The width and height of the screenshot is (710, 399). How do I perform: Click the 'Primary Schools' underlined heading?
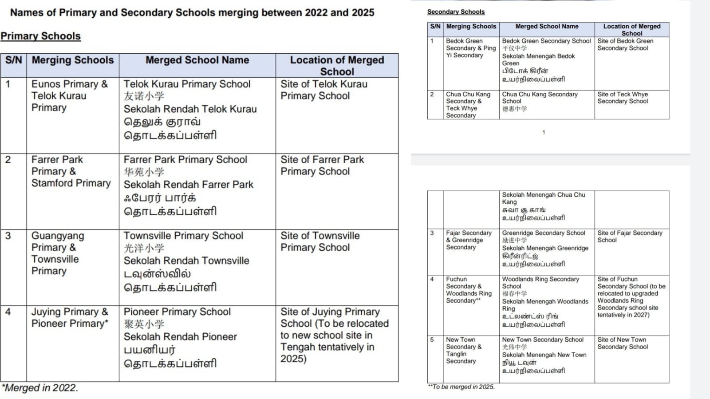40,36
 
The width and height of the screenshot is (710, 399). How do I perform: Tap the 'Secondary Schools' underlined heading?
456,12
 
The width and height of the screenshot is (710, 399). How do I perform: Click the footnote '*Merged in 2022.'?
40,388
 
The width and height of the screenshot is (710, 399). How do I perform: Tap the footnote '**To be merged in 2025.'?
461,387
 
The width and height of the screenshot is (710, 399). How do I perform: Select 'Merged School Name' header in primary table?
197,60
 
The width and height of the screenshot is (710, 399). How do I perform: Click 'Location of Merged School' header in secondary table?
631,30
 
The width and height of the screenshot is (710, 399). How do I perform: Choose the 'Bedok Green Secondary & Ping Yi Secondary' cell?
470,48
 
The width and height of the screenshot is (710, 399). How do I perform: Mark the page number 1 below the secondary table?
544,132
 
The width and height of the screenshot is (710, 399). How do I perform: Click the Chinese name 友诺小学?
144,96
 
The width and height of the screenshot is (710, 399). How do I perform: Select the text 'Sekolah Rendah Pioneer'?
180,337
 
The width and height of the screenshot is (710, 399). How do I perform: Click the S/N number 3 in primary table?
8,236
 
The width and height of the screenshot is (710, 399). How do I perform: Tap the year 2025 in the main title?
363,12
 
